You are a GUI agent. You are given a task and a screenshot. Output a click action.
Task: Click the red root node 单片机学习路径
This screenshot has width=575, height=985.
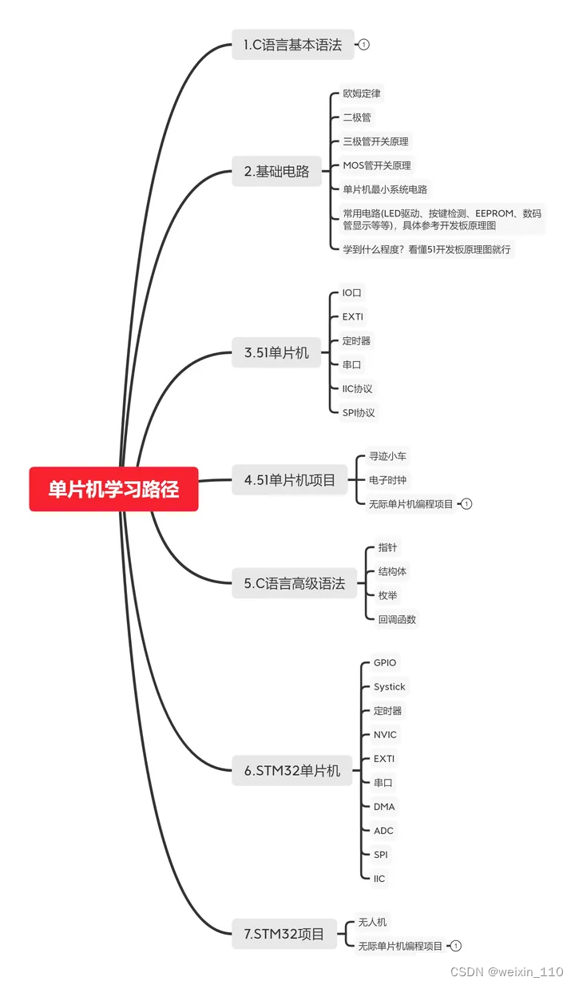[x=113, y=489]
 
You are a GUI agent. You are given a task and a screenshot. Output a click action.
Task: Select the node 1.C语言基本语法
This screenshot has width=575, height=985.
[x=292, y=45]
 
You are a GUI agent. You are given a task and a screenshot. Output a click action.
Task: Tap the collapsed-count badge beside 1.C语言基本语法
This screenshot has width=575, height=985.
[x=364, y=45]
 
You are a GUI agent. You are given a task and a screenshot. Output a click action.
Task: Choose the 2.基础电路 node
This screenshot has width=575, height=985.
[x=276, y=171]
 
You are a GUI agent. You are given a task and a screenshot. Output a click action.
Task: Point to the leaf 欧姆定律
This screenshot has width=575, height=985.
[x=361, y=93]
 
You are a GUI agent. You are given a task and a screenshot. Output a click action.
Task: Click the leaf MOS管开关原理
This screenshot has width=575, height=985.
[x=377, y=165]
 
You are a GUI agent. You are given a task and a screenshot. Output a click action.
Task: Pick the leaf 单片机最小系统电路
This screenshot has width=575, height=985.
[x=385, y=189]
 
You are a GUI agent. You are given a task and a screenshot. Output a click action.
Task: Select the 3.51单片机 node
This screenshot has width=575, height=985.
[x=276, y=352]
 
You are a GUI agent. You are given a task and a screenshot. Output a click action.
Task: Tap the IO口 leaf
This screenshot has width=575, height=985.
[x=352, y=293]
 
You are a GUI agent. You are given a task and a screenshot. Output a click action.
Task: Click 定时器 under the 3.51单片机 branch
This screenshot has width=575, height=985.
[x=356, y=341]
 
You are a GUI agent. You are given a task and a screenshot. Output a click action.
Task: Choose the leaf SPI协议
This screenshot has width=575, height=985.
[x=359, y=413]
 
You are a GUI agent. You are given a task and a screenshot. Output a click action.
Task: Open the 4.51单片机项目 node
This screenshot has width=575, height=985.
[x=290, y=480]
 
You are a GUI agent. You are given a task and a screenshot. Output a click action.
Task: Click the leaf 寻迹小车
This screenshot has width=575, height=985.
[x=388, y=456]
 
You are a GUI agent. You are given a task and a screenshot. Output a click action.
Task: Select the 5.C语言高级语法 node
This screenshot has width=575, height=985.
[x=295, y=584]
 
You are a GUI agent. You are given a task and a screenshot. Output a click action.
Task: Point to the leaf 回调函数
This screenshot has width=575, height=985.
[x=397, y=619]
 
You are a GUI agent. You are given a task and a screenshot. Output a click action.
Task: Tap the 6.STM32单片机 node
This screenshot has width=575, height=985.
[x=292, y=771]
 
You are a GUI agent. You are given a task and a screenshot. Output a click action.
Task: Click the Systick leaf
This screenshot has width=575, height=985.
[x=390, y=687]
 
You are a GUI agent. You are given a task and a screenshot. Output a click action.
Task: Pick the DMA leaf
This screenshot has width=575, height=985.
[x=384, y=807]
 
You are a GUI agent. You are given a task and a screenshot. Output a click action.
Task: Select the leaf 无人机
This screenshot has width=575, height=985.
[x=372, y=922]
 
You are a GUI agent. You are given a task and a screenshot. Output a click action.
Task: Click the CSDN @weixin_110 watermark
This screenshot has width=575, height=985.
[x=506, y=971]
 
